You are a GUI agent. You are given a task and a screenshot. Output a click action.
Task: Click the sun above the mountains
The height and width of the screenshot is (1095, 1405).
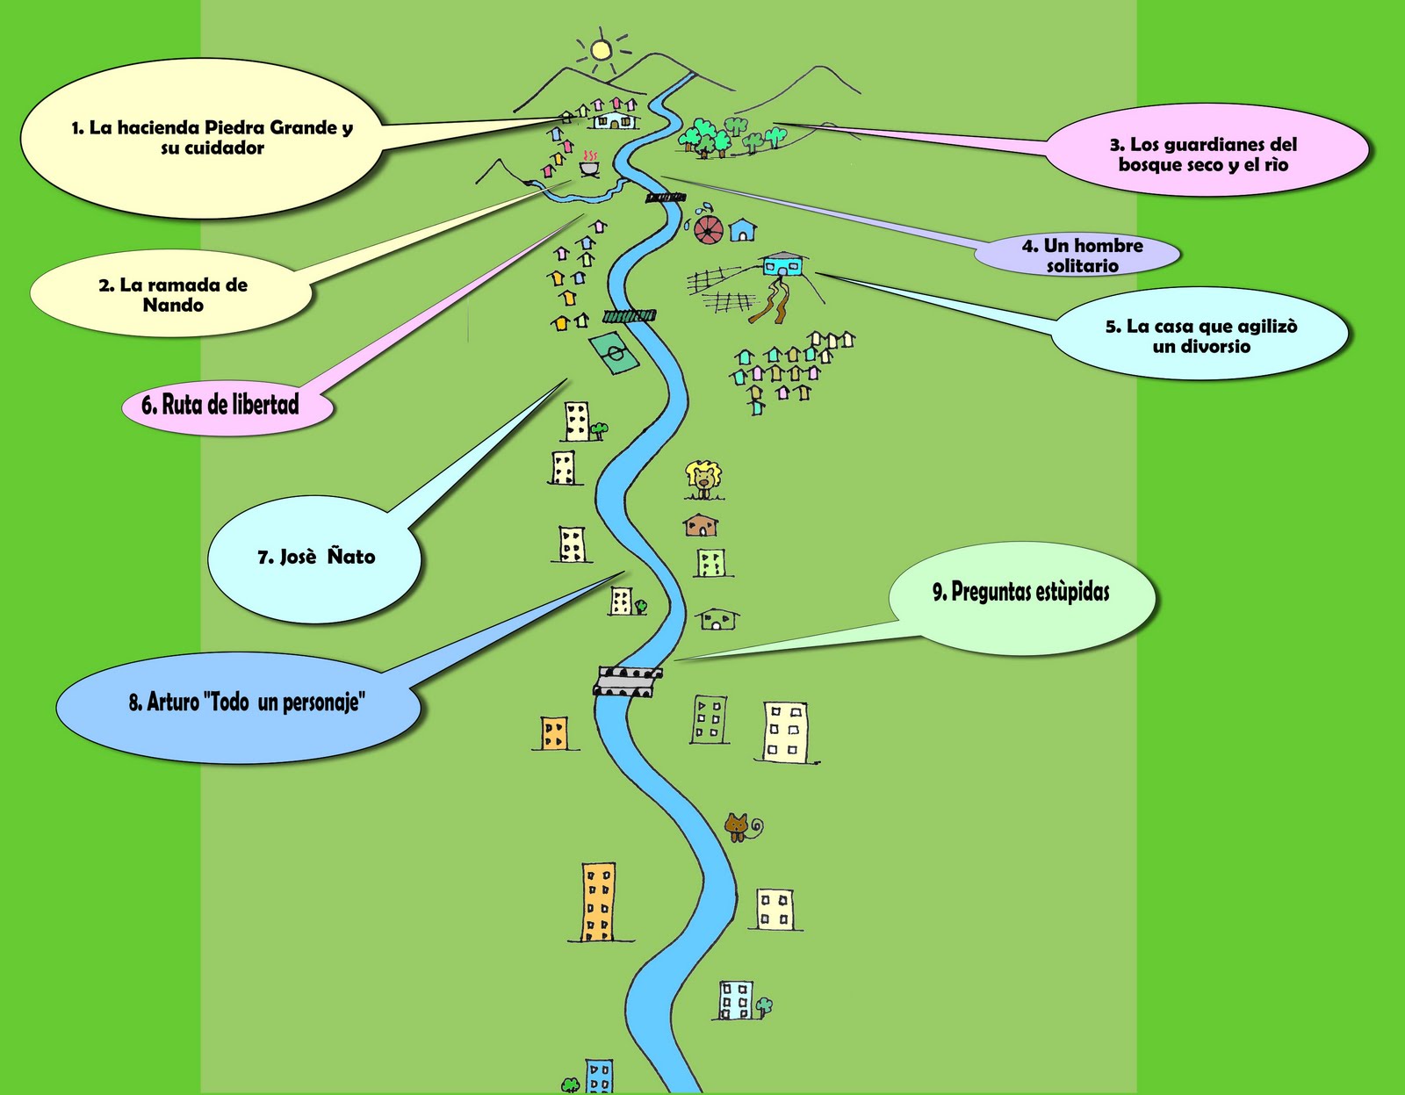(x=601, y=49)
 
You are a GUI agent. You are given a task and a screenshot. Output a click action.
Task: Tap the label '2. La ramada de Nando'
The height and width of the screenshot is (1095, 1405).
(x=172, y=295)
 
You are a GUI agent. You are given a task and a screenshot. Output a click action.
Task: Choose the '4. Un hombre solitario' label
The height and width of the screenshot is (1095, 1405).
(x=1080, y=255)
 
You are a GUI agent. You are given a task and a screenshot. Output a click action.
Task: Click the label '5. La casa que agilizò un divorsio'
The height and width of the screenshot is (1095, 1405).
(x=1200, y=335)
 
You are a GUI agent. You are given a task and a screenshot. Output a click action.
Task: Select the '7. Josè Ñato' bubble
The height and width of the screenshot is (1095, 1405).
(x=314, y=557)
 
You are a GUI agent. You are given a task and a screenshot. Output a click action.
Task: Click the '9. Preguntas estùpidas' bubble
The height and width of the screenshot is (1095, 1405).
(x=1021, y=593)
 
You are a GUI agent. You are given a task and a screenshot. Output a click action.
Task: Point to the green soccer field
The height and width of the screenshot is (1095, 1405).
(x=614, y=353)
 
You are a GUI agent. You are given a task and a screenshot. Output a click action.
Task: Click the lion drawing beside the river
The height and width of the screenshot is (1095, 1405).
(x=703, y=479)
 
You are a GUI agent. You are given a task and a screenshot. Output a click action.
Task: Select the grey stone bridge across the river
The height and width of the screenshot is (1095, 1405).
(x=627, y=681)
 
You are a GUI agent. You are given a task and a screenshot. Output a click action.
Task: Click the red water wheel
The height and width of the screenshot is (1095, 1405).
(x=708, y=230)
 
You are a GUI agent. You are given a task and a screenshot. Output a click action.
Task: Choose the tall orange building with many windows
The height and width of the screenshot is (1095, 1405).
(x=598, y=902)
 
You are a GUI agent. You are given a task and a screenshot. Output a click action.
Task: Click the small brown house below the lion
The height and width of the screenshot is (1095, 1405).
(x=701, y=526)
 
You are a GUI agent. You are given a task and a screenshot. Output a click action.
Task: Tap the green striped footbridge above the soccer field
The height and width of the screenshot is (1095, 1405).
(x=630, y=316)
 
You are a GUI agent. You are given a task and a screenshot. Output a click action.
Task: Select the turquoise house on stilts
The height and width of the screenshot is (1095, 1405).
(x=782, y=264)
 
